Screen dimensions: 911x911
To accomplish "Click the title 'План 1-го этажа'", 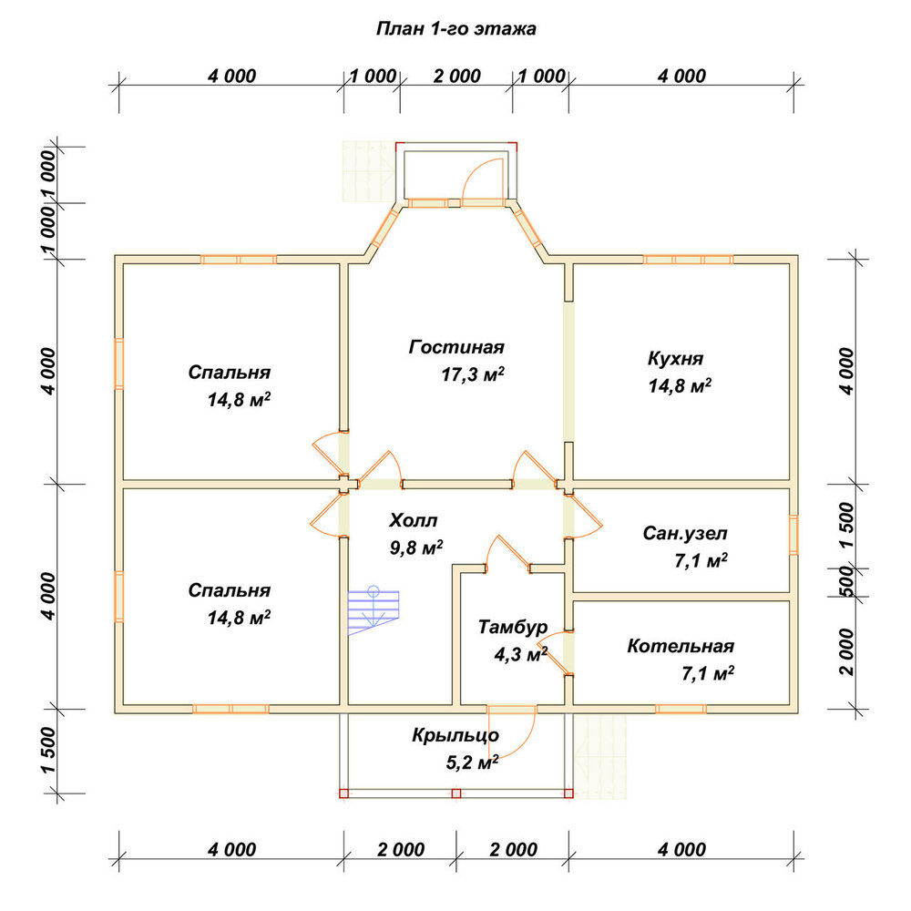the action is tap(456, 28).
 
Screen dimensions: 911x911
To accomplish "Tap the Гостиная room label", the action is tap(456, 347).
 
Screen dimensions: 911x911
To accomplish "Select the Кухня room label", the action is tap(675, 358).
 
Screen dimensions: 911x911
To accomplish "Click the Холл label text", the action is tap(413, 520).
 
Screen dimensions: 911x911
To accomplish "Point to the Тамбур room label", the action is tap(513, 627).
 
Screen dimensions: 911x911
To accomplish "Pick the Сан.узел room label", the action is tap(684, 533).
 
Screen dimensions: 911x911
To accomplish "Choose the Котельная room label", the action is tap(681, 646).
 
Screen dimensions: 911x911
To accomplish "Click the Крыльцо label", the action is tap(455, 735).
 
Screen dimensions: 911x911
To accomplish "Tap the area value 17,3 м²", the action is tap(472, 374).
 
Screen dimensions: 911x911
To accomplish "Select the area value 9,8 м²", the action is tap(416, 548).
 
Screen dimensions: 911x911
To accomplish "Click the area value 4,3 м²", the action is tap(520, 655).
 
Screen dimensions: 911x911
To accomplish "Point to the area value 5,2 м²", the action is tap(472, 762).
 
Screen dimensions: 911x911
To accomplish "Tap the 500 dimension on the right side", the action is tap(847, 581).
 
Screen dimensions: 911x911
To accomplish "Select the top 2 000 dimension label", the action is tap(456, 77).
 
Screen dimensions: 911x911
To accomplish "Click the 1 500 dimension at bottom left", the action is tap(49, 750).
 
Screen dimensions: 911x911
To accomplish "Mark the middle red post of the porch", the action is tap(456, 793).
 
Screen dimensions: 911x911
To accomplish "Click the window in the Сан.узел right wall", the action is tap(793, 535).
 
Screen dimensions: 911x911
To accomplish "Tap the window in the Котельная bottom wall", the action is tap(681, 709).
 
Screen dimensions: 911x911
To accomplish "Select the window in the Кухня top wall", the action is tap(689, 259).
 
